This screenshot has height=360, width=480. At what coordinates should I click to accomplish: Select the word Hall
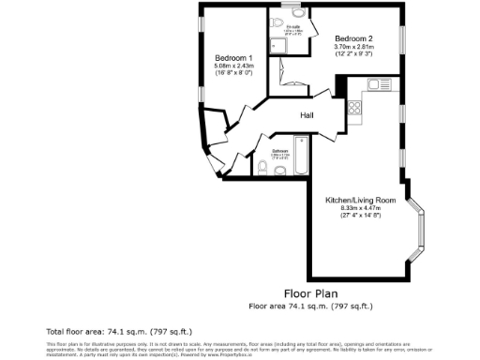pyautogui.click(x=307, y=115)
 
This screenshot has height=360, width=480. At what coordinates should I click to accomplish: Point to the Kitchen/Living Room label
pyautogui.click(x=361, y=201)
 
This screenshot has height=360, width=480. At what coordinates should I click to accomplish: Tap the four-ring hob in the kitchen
pyautogui.click(x=355, y=107)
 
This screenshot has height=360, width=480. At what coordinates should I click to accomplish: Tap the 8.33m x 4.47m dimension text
pyautogui.click(x=361, y=209)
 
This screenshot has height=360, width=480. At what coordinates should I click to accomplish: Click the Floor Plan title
pyautogui.click(x=309, y=293)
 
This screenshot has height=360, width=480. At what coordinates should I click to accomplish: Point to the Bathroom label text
pyautogui.click(x=280, y=150)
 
